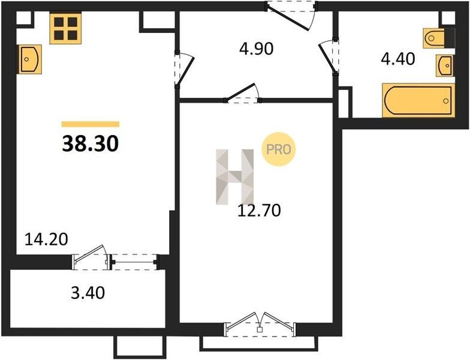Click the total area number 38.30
click(91, 144)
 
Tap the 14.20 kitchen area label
click(46, 239)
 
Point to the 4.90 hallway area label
click(257, 49)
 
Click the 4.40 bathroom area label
click(398, 59)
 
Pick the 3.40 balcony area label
click(88, 293)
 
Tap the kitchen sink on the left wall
click(30, 59)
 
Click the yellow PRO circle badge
click(278, 149)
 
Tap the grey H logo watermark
click(235, 176)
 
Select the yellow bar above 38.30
click(91, 124)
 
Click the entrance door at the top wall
click(291, 15)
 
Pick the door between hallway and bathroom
click(329, 57)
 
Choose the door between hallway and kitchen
click(183, 70)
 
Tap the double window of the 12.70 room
click(260, 325)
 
